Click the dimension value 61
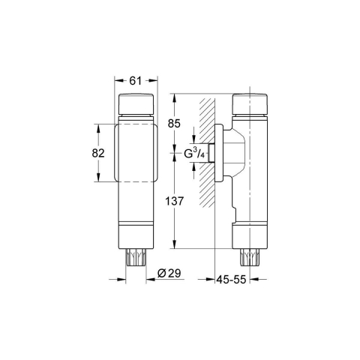coord(136,81)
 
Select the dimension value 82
coord(98,153)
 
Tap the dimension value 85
coord(174,124)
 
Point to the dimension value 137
coord(175,201)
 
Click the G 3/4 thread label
coord(194,153)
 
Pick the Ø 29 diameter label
coord(169,274)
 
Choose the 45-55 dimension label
coord(231,279)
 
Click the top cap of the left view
coord(136,103)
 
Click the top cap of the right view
coord(250,103)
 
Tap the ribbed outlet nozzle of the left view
coord(136,257)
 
